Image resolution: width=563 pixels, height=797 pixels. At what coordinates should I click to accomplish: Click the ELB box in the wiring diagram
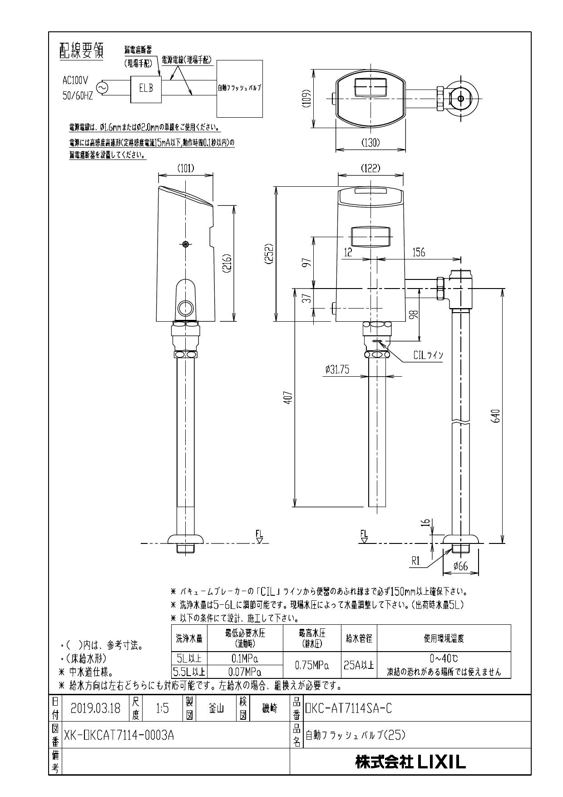pyautogui.click(x=146, y=88)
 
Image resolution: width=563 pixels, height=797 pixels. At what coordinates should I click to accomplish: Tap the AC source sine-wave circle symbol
pyautogui.click(x=100, y=88)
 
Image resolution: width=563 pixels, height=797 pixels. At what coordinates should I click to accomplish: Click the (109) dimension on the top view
pyautogui.click(x=307, y=98)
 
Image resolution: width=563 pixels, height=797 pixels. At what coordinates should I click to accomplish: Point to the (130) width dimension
pyautogui.click(x=370, y=142)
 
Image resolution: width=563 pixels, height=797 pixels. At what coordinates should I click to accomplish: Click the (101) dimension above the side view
pyautogui.click(x=185, y=168)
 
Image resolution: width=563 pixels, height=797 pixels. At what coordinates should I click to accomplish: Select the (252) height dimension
pyautogui.click(x=270, y=254)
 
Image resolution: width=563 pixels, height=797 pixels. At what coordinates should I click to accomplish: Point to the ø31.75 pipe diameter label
pyautogui.click(x=337, y=370)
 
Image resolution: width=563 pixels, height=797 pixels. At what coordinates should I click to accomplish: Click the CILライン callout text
pyautogui.click(x=428, y=355)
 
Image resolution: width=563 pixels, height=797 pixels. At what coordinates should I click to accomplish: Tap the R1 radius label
pyautogui.click(x=416, y=561)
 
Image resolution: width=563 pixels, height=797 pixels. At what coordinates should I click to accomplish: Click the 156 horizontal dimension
pyautogui.click(x=418, y=253)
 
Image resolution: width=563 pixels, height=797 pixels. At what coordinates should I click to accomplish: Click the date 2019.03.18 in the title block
pyautogui.click(x=95, y=708)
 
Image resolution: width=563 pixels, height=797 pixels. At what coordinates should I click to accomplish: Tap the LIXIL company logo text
pyautogui.click(x=410, y=762)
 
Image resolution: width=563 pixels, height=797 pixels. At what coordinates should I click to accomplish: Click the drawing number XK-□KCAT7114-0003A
pyautogui.click(x=119, y=735)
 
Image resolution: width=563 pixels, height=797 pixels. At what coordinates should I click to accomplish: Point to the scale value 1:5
pyautogui.click(x=162, y=708)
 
